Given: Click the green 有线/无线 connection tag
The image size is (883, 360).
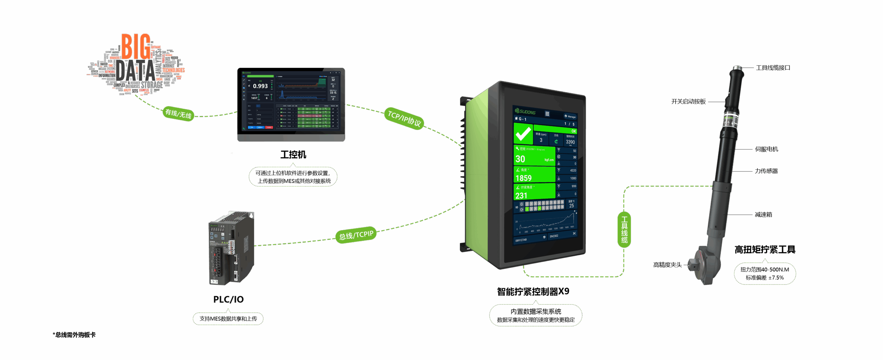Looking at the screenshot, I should click(x=178, y=113).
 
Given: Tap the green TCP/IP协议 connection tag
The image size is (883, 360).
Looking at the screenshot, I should click(x=404, y=119).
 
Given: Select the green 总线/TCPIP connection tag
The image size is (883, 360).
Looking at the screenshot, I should click(x=356, y=235).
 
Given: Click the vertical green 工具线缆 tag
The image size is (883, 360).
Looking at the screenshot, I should click(x=624, y=229).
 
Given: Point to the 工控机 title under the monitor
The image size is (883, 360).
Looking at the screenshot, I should click(x=293, y=154).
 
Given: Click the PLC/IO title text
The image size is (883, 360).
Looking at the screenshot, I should click(x=228, y=299).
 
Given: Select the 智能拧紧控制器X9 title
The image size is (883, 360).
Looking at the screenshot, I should click(x=533, y=292).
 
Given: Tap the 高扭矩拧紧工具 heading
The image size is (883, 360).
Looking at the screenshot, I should click(x=765, y=250).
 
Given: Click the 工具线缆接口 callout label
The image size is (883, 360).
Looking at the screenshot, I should click(x=773, y=68).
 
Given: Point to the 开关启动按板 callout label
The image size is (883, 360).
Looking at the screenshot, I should click(x=688, y=102).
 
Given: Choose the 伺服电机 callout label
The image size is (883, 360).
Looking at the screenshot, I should click(x=766, y=149).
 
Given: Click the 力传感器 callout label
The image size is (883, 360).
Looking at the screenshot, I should click(x=766, y=171).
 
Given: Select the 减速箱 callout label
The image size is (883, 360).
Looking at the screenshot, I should click(x=763, y=214).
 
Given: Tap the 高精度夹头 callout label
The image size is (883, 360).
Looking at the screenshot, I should click(x=667, y=265).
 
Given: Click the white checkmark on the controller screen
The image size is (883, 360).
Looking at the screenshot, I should click(x=523, y=134).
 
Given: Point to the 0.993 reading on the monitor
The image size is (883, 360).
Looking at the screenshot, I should click(x=260, y=86).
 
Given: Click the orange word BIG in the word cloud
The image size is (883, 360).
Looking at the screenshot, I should click(x=136, y=47).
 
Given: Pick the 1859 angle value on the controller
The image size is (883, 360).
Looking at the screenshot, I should click(x=524, y=178).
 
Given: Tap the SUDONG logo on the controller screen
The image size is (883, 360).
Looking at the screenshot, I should click(x=525, y=111).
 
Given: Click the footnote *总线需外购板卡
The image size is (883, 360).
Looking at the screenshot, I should click(x=74, y=335).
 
